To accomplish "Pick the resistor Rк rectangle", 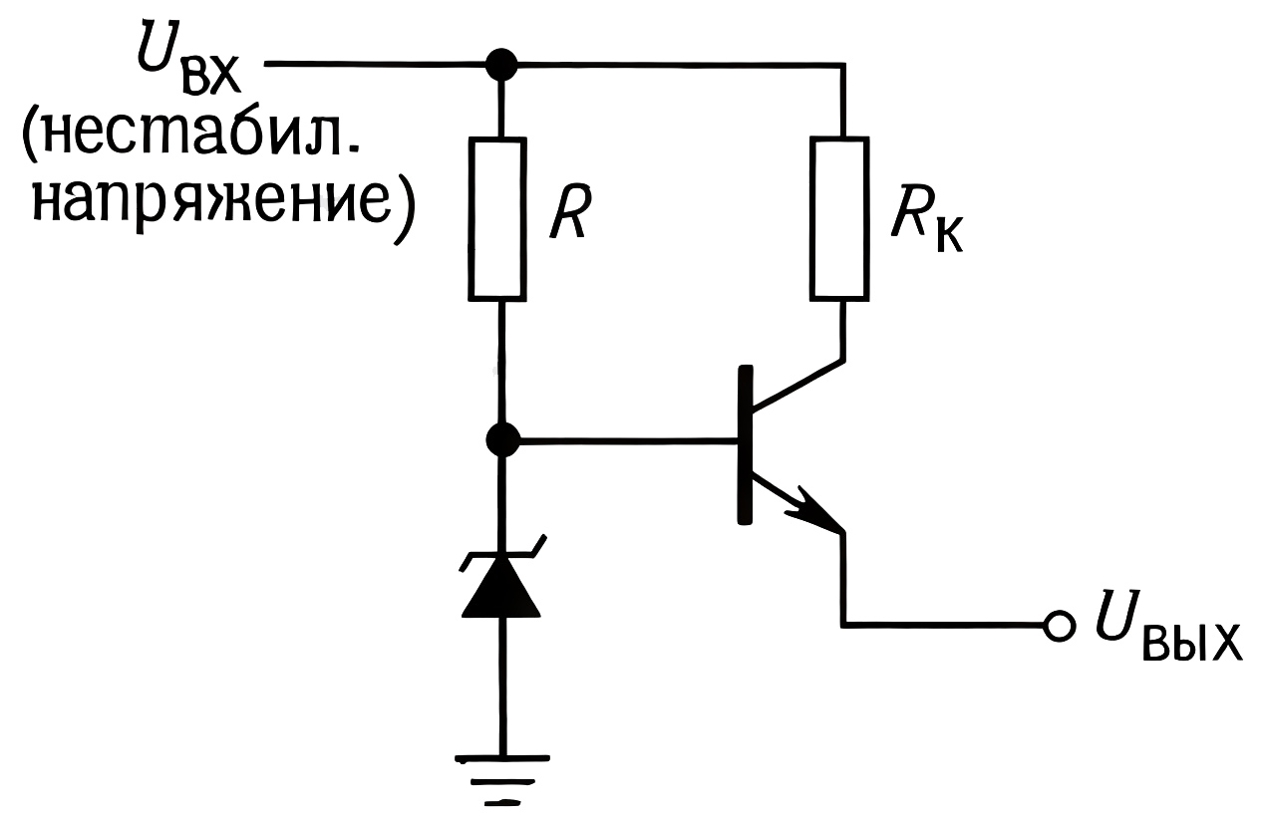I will click(839, 219).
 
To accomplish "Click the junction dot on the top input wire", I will click(499, 66).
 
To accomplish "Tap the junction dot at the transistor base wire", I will click(502, 438).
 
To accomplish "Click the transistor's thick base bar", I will click(743, 444).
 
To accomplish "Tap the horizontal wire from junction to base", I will click(628, 438).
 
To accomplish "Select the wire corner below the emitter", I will click(843, 625).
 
